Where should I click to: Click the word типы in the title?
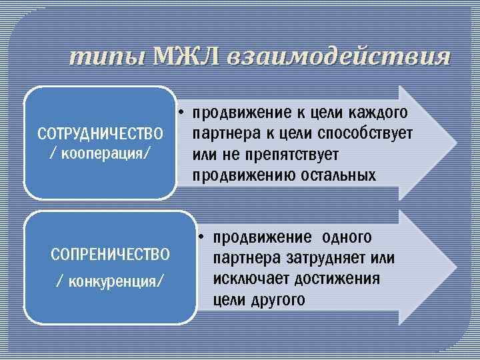point(108,57)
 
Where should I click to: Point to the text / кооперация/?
point(101,155)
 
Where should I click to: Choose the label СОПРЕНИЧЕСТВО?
point(111,254)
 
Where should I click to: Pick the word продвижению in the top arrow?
point(246,176)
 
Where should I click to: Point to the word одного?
point(347,237)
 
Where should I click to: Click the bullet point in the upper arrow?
point(181,111)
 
